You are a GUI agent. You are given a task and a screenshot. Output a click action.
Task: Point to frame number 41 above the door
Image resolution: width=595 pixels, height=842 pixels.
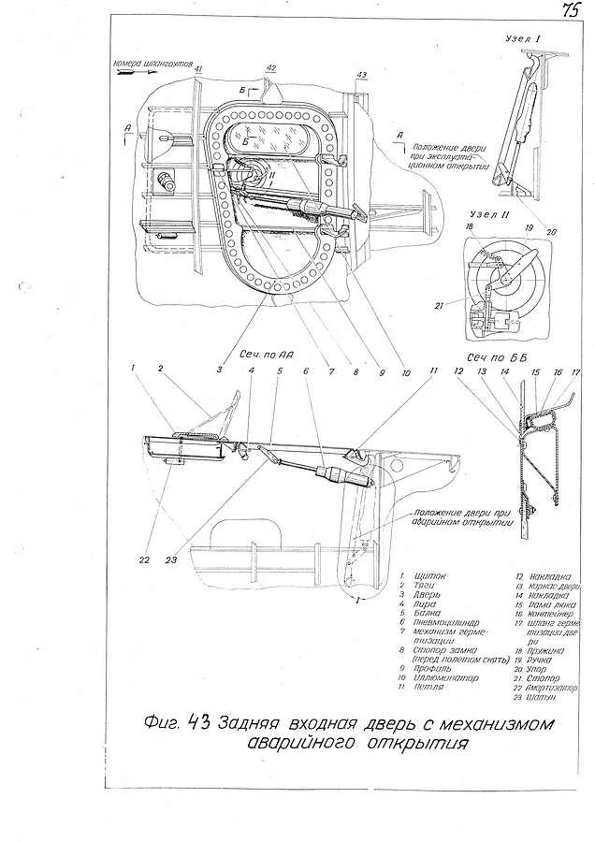[x=198, y=69]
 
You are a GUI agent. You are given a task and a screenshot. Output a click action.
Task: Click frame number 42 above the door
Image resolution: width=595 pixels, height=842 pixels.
[x=270, y=67]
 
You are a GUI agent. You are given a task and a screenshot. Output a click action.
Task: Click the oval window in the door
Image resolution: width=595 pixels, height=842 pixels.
[x=271, y=140]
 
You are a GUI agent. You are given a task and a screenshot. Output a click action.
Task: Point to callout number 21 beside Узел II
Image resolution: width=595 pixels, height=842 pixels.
[x=441, y=301]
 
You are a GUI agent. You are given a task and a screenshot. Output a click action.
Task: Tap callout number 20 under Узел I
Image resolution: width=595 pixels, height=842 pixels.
[x=551, y=232]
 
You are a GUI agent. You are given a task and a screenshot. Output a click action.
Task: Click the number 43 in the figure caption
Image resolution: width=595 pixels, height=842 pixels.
[x=198, y=723]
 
